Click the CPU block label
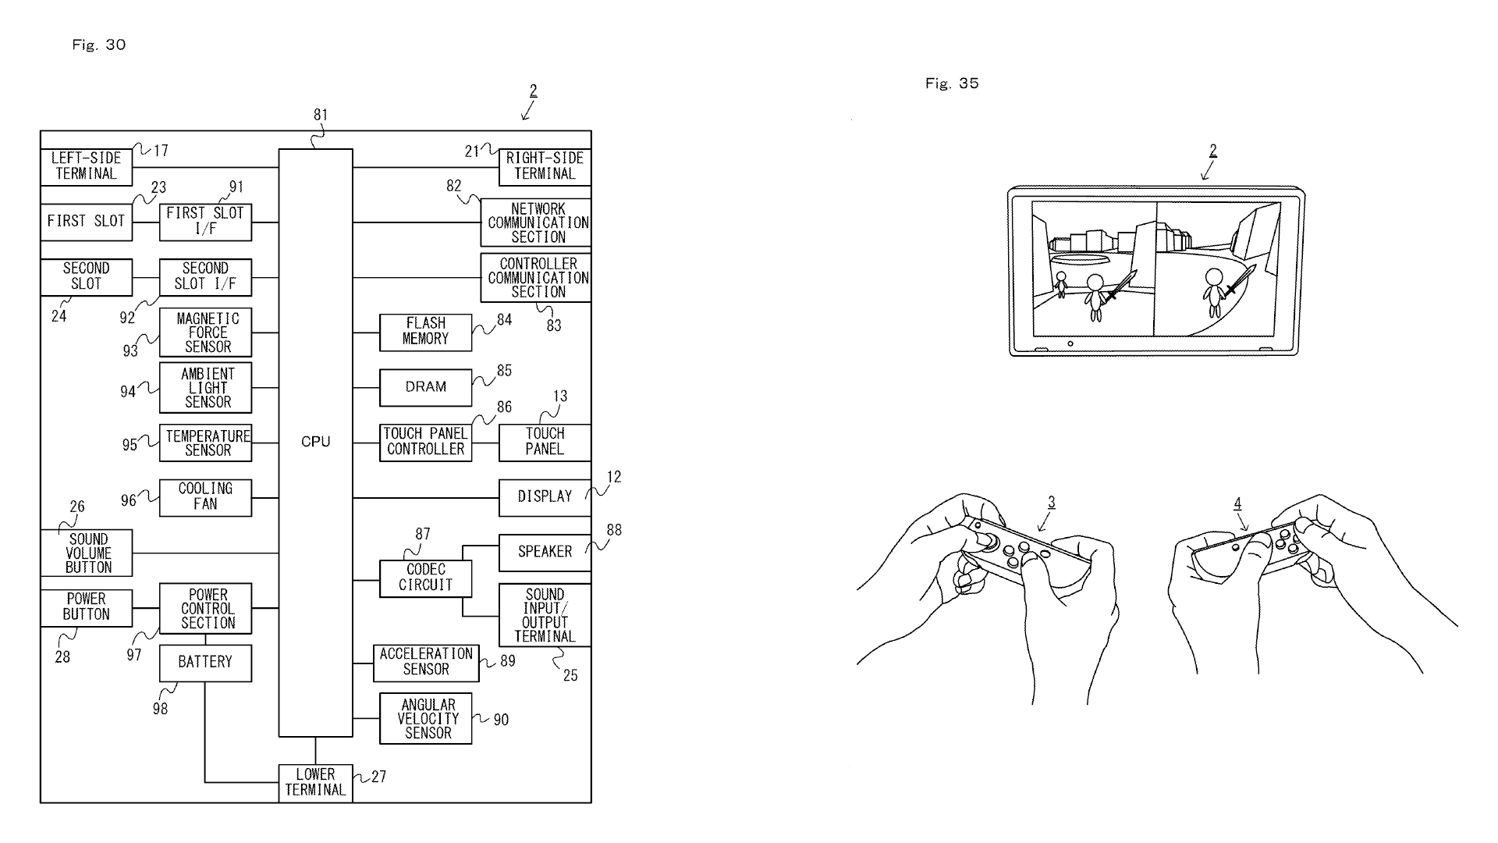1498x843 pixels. [316, 442]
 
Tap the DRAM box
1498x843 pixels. [426, 388]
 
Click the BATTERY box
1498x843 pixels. [206, 663]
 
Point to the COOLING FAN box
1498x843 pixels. [206, 498]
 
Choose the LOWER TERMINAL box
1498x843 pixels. [316, 783]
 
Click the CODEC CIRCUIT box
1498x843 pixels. [426, 579]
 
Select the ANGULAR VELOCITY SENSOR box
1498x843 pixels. [426, 719]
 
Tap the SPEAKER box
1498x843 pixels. [545, 553]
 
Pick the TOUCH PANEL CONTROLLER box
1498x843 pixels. [426, 443]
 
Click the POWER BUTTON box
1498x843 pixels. [87, 608]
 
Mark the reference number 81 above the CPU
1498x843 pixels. [321, 115]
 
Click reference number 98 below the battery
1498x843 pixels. [161, 709]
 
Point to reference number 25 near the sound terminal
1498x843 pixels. [570, 675]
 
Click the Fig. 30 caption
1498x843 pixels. [99, 45]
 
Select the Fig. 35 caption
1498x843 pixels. [952, 84]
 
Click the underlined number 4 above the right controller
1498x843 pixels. [1238, 504]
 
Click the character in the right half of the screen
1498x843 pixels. [1215, 292]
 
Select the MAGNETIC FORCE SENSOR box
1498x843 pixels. [206, 333]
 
